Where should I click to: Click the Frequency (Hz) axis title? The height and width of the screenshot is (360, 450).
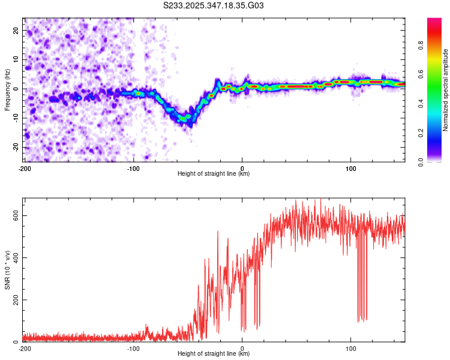7,90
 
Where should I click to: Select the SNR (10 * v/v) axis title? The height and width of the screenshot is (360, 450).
7,270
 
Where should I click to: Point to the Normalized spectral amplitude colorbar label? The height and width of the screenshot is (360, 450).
446,90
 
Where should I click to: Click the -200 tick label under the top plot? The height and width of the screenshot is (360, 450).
25,169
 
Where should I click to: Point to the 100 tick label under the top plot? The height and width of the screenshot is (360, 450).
351,169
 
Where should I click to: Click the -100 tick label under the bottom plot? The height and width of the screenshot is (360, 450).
133,349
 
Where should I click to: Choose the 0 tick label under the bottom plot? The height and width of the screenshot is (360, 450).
242,349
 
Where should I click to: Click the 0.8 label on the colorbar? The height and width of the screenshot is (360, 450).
437,44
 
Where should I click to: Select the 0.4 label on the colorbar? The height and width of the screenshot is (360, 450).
437,103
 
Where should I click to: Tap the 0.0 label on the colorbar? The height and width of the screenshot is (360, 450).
437,161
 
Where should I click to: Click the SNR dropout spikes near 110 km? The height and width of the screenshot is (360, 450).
362,300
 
